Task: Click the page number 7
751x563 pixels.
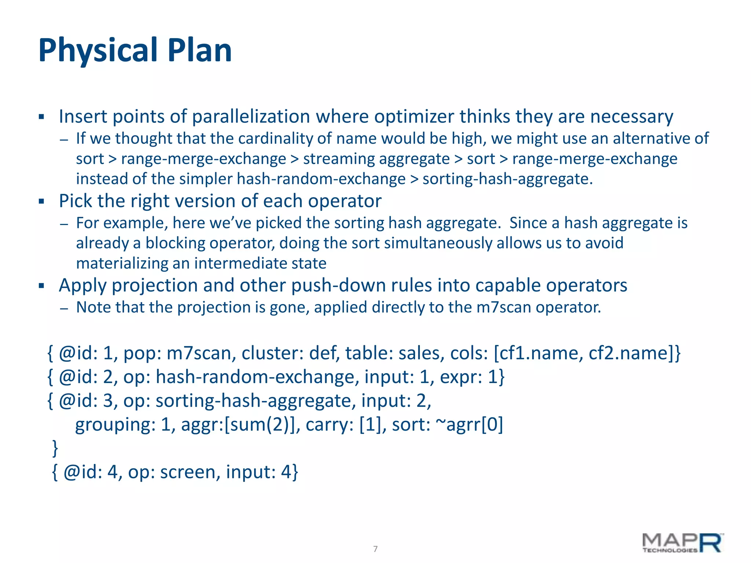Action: click(375, 549)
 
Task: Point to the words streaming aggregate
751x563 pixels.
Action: click(376, 159)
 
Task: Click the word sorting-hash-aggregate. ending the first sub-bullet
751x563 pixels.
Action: click(508, 179)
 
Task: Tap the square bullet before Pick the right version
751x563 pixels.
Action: click(41, 201)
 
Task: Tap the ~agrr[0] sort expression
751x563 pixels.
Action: click(469, 424)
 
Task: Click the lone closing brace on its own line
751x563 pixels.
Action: click(55, 448)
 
